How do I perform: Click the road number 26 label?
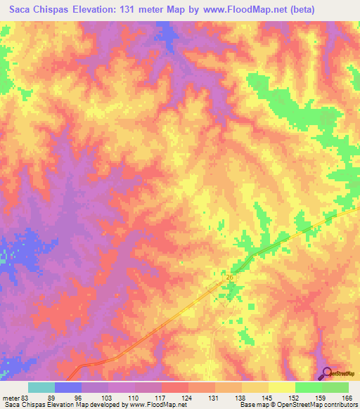click(x=230, y=278)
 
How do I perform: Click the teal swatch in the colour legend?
click(x=41, y=387)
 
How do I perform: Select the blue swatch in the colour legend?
click(x=68, y=387)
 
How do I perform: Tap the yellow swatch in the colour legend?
click(x=282, y=387)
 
